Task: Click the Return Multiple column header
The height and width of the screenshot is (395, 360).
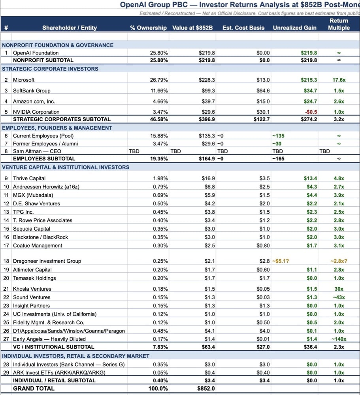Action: click(x=339, y=24)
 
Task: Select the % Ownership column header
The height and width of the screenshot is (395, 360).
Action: click(x=148, y=28)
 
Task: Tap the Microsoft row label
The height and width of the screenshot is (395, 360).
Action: click(x=24, y=80)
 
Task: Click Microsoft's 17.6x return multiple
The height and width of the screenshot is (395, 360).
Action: click(x=339, y=80)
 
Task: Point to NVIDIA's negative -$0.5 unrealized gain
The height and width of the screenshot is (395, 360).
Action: click(x=311, y=112)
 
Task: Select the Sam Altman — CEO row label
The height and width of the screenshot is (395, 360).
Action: click(x=37, y=151)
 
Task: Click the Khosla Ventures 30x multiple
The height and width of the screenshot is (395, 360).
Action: click(x=339, y=289)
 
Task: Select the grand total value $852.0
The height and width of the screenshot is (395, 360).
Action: click(x=206, y=388)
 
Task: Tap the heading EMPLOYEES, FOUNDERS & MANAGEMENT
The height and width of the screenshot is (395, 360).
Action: click(x=57, y=128)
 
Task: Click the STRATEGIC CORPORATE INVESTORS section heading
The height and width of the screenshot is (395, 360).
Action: click(x=50, y=69)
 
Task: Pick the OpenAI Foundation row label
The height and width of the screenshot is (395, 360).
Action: click(x=36, y=53)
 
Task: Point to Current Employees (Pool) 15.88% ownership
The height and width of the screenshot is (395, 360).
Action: click(x=159, y=135)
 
